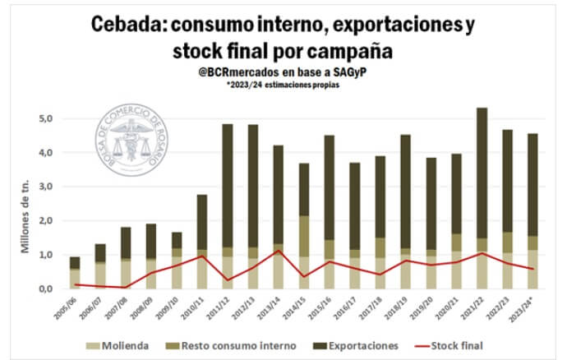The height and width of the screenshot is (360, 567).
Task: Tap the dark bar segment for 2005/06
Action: coord(75,262)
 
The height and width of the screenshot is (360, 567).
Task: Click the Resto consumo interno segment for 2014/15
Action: coord(304,237)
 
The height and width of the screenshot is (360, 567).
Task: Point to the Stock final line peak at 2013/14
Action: coord(279,251)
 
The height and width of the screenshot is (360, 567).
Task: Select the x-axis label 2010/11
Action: coord(196,307)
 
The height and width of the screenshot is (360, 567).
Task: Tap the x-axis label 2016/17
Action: coord(349,307)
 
